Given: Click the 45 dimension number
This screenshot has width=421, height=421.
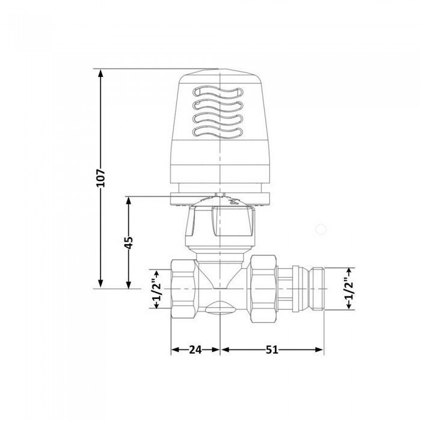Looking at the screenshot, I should [x=128, y=242].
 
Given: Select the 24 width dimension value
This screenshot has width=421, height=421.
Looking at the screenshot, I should [x=196, y=349].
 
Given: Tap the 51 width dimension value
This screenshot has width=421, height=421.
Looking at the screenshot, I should [x=272, y=349].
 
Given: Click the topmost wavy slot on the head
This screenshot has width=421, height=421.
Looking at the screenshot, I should [x=220, y=93].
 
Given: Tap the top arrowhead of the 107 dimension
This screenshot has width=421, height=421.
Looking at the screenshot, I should [x=101, y=72].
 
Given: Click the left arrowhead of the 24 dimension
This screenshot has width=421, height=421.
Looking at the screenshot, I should [x=174, y=349].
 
